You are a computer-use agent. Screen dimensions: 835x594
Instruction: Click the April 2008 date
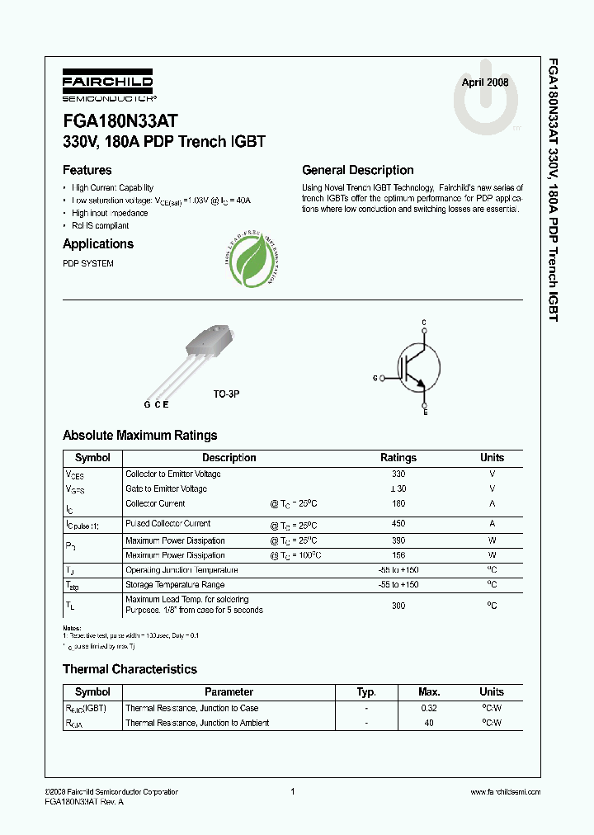tap(484, 83)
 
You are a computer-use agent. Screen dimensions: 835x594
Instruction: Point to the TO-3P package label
tap(226, 395)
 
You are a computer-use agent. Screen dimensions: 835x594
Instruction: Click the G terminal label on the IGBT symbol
tap(375, 378)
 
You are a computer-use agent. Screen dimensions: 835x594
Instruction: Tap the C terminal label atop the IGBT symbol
tap(424, 321)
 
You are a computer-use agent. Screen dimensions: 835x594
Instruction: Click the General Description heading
tap(357, 171)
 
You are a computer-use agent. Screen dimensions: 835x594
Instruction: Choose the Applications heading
tap(98, 244)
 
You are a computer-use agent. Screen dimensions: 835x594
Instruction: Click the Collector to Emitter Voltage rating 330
tap(398, 474)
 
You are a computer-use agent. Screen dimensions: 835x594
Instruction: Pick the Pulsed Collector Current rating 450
tap(398, 524)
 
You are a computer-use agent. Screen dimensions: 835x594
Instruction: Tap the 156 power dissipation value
tap(398, 555)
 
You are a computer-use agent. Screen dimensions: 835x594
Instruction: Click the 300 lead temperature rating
tap(398, 605)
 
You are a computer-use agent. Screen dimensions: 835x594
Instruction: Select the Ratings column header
tap(398, 458)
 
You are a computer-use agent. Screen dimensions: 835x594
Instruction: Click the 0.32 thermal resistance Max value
tap(428, 708)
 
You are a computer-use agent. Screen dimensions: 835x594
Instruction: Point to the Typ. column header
tap(366, 692)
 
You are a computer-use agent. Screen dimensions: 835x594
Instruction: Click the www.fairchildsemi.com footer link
tap(505, 792)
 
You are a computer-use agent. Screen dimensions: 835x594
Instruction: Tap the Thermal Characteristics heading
tap(130, 669)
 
